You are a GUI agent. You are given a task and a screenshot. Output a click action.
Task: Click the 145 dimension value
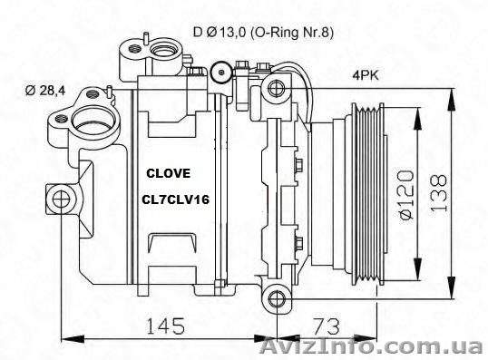[x=165, y=326]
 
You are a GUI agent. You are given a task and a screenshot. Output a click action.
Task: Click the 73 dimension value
[x=327, y=326]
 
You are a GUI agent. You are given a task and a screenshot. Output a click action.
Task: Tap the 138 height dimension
[x=439, y=192]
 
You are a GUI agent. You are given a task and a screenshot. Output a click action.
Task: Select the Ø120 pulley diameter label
[x=406, y=195]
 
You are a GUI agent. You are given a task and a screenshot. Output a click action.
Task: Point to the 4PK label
[x=366, y=75]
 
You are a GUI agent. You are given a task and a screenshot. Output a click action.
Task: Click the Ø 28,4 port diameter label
[x=45, y=91]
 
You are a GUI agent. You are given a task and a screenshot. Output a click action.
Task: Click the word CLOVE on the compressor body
[x=169, y=173]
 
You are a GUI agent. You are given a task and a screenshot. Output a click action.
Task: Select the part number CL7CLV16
[x=176, y=199]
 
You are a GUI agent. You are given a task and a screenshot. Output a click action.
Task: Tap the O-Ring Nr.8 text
[x=292, y=33]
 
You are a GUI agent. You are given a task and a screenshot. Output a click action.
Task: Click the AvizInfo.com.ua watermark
[x=371, y=346]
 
